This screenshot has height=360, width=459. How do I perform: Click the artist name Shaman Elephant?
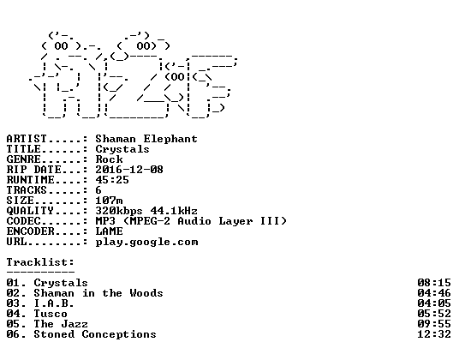point(146,139)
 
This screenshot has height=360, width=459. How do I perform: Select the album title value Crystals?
point(122,150)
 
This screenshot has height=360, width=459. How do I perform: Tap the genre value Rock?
point(110,159)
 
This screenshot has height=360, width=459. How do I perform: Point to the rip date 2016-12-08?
point(129,170)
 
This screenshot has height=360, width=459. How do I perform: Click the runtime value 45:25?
point(112,180)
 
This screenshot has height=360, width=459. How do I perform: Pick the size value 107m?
point(109,201)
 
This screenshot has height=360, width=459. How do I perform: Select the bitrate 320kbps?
point(119,211)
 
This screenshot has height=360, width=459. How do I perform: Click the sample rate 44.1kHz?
point(174,211)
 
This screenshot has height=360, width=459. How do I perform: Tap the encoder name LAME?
point(110,231)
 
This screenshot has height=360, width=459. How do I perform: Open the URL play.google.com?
point(146,243)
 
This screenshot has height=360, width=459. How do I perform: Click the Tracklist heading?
point(40,262)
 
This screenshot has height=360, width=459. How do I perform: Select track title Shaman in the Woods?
point(98,293)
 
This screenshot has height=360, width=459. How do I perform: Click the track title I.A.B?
point(54,303)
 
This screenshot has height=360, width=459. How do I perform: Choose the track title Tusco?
point(51,314)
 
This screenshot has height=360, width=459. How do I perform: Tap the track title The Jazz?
point(61,324)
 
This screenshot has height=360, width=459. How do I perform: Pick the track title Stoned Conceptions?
point(95,334)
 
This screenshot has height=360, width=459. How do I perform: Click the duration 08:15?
point(434,283)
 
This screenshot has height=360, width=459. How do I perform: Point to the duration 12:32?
point(434,334)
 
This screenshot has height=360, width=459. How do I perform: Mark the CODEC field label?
point(24,221)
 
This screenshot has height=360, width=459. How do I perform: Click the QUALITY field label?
point(30,211)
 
